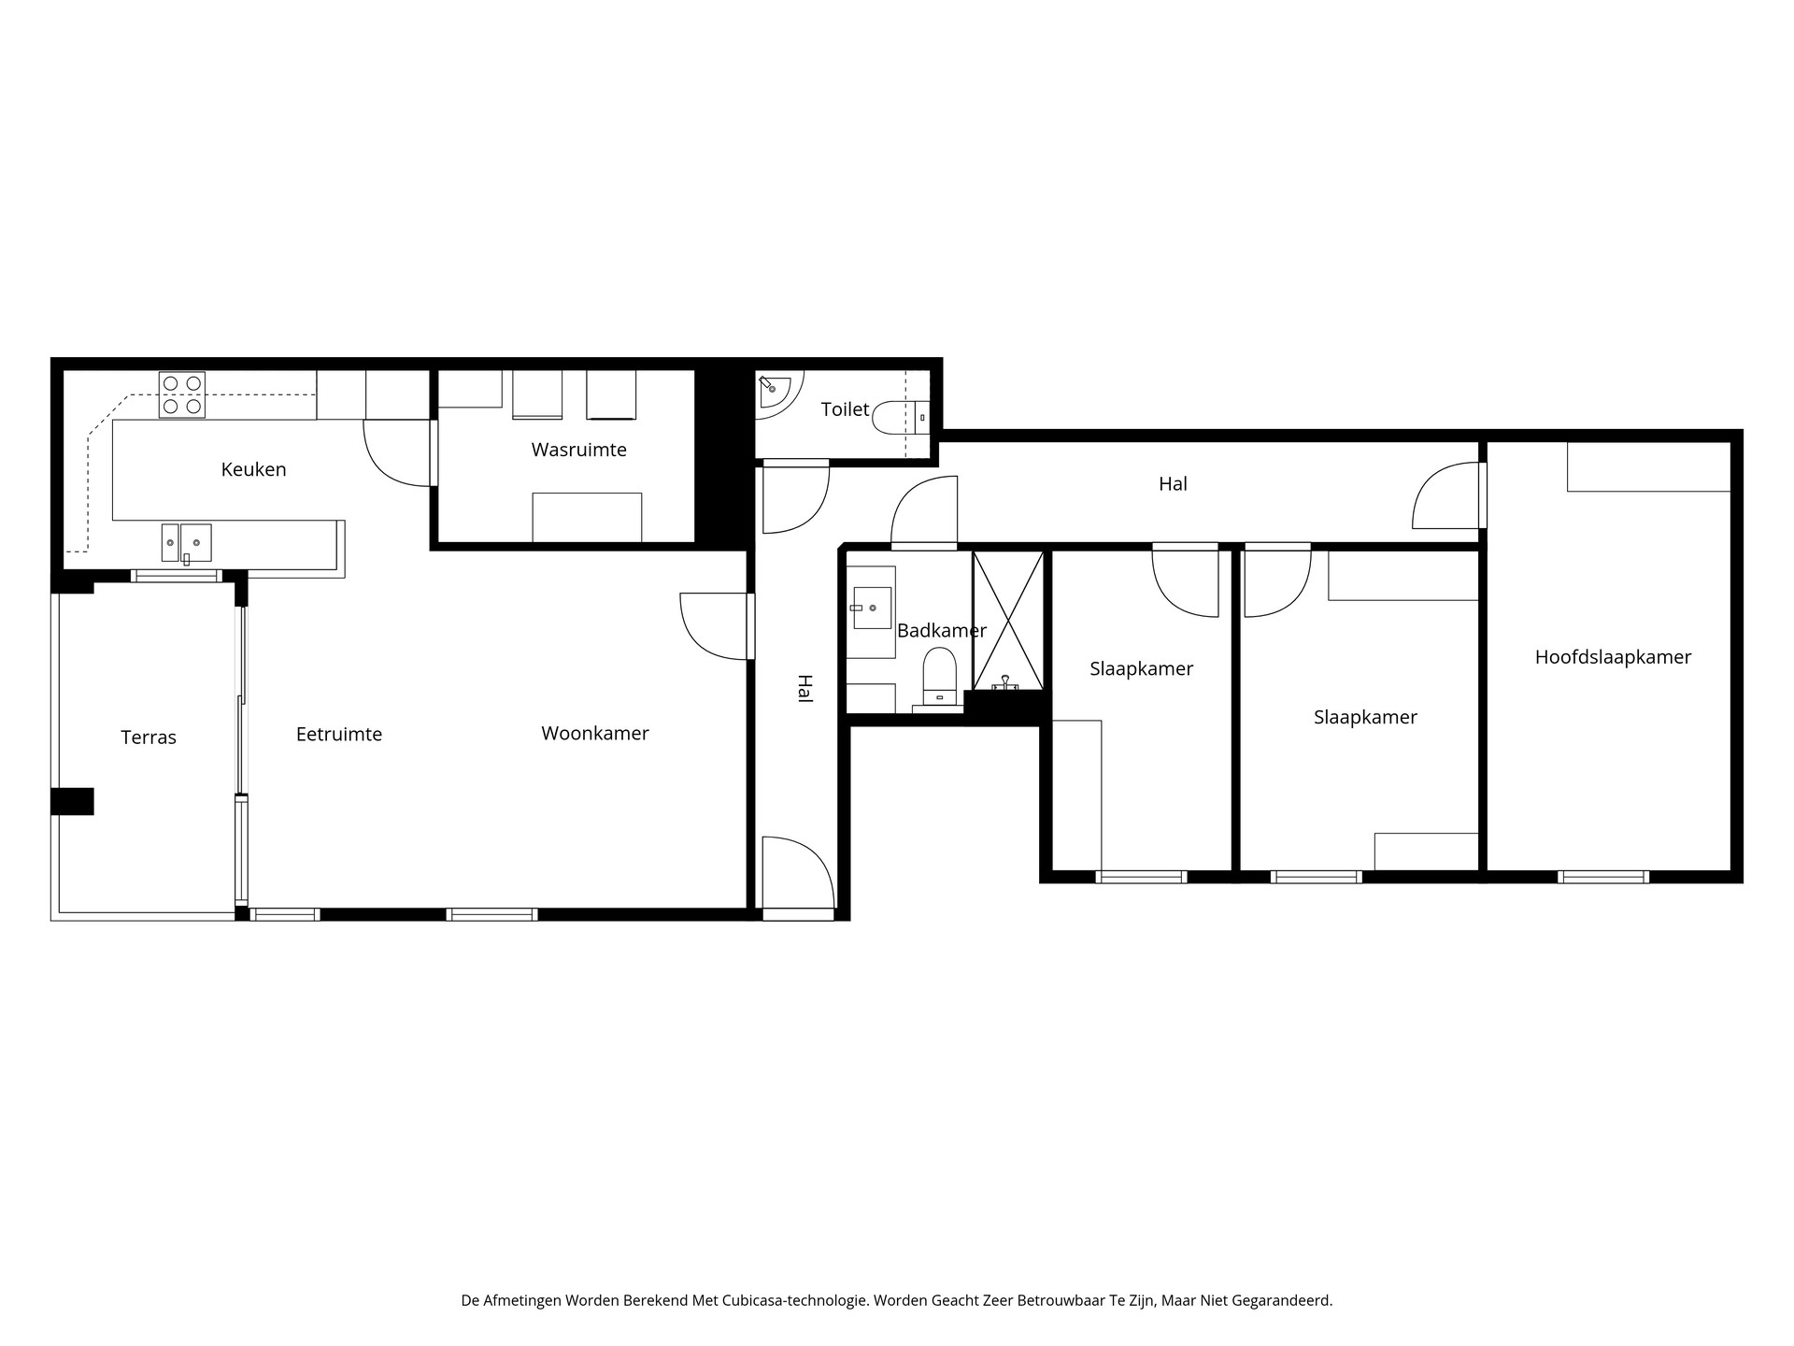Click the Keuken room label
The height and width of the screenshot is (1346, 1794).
pyautogui.click(x=253, y=469)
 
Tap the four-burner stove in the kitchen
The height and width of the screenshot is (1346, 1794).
pyautogui.click(x=182, y=394)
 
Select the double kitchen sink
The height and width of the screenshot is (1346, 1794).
pyautogui.click(x=187, y=542)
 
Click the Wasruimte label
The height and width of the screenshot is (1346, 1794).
pyautogui.click(x=578, y=450)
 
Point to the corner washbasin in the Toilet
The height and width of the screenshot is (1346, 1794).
pyautogui.click(x=773, y=390)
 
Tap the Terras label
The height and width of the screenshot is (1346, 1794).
pyautogui.click(x=149, y=737)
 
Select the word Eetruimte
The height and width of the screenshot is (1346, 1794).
pyautogui.click(x=339, y=735)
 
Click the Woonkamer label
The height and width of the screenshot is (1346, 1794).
pyautogui.click(x=595, y=734)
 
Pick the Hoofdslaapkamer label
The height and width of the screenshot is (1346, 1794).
pyautogui.click(x=1613, y=657)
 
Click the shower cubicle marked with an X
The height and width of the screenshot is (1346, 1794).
pyautogui.click(x=1007, y=620)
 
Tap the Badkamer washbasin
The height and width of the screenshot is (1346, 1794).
pyautogui.click(x=872, y=608)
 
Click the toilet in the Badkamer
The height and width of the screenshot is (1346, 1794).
pyautogui.click(x=940, y=675)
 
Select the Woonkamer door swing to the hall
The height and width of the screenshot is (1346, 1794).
pyautogui.click(x=712, y=625)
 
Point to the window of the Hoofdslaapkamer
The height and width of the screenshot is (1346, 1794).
pyautogui.click(x=1602, y=877)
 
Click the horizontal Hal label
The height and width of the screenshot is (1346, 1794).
pyautogui.click(x=1173, y=484)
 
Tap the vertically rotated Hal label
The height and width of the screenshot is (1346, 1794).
pyautogui.click(x=804, y=689)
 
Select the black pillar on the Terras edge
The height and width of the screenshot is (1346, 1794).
pyautogui.click(x=72, y=801)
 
